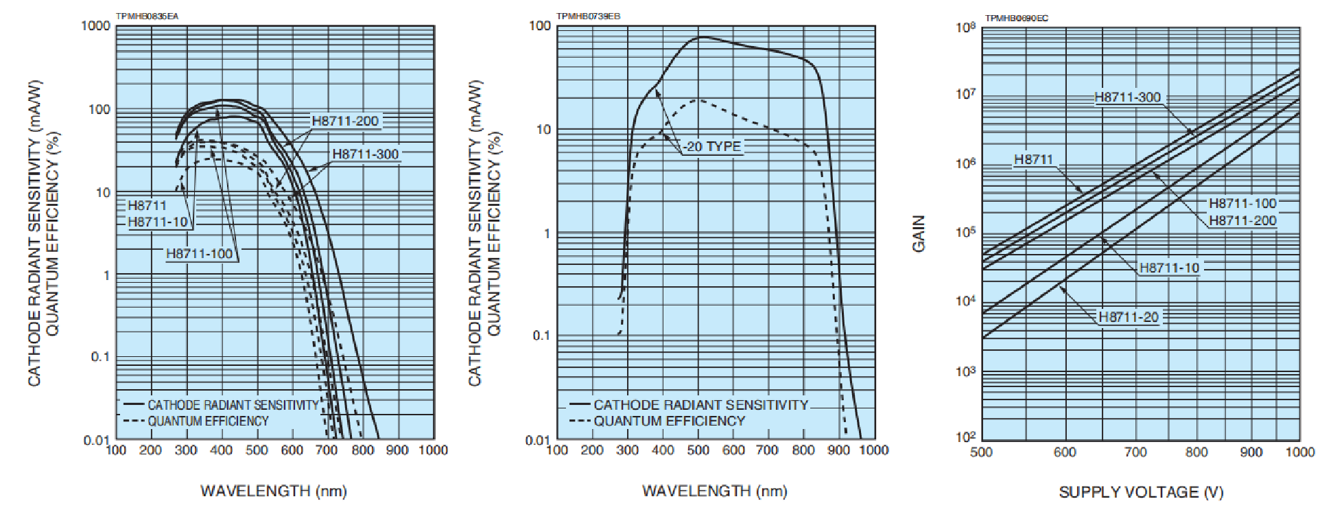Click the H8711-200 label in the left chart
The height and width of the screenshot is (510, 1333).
point(345,121)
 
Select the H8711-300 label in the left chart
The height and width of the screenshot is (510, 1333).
point(365,154)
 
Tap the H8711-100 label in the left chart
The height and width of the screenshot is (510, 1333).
point(200,254)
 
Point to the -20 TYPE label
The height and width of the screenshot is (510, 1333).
point(712,146)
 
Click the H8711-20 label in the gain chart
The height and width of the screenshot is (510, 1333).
point(1129,317)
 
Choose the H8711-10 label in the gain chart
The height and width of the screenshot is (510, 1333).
point(1170,268)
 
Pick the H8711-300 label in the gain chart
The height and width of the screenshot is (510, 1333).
point(1128,97)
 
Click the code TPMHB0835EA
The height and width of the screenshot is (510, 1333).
point(148,16)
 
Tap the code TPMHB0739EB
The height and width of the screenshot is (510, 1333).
point(588,16)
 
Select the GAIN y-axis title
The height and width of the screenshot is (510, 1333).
point(919,233)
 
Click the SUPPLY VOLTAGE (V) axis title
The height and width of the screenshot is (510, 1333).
point(1141,492)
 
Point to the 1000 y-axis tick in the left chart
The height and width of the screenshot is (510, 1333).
point(95,26)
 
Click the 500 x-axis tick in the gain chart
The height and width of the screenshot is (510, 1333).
point(982,452)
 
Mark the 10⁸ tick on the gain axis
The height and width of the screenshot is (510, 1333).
point(965,27)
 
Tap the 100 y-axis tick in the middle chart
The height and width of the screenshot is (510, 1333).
point(540,26)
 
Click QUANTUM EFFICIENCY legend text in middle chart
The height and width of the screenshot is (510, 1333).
point(669,421)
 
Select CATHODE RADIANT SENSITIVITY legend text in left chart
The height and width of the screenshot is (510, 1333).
point(233,405)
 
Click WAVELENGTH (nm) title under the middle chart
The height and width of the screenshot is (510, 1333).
point(714,491)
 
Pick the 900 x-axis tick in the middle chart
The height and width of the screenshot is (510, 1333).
point(838,450)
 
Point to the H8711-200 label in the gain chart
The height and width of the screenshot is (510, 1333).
point(1242,220)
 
